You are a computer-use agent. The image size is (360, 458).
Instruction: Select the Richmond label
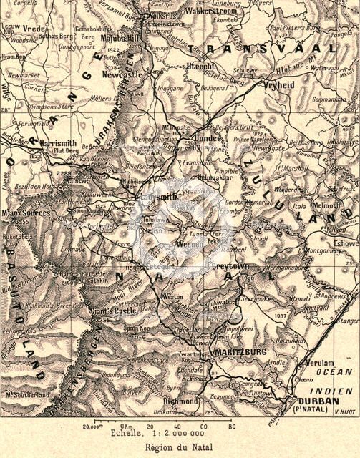(x=181, y=401)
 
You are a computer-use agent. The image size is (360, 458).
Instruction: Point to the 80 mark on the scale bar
(x=230, y=426)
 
